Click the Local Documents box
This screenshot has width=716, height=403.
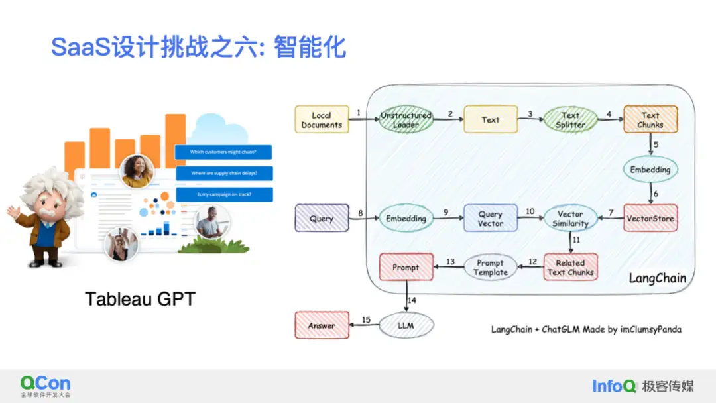click(322, 120)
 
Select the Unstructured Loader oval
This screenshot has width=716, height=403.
click(406, 120)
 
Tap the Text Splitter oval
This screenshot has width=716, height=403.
click(570, 120)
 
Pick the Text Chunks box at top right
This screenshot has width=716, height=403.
click(650, 120)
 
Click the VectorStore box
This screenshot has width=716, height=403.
click(650, 218)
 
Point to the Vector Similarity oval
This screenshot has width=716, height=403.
click(570, 219)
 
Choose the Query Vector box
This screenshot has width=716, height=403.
click(490, 219)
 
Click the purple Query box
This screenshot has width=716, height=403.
click(322, 219)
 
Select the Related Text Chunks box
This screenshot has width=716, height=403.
click(570, 267)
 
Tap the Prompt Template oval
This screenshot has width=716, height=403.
click(490, 267)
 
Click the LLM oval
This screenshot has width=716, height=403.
click(406, 325)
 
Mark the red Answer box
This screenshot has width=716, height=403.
click(322, 325)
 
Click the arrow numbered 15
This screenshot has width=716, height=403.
click(365, 325)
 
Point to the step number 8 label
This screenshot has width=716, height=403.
click(361, 213)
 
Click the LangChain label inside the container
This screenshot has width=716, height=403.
click(657, 278)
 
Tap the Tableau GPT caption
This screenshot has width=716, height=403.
click(140, 299)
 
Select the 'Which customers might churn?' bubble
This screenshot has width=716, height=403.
click(223, 152)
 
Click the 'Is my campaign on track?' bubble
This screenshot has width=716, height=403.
click(224, 195)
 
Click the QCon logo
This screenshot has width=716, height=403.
click(45, 385)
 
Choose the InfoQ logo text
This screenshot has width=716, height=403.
click(614, 386)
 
